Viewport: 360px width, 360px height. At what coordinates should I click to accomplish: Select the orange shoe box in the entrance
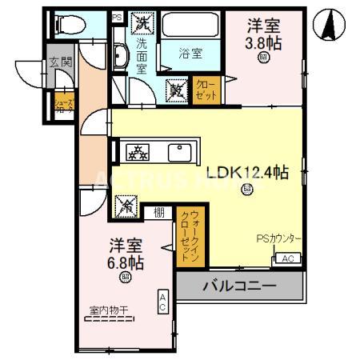click(x=63, y=106)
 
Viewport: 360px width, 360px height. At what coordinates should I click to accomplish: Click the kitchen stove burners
click(x=138, y=151)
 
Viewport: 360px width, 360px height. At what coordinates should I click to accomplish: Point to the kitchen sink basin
click(x=178, y=151)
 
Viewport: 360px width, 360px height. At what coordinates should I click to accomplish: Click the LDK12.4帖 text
click(x=247, y=172)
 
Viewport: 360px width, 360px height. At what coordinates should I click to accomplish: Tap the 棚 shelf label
click(x=159, y=212)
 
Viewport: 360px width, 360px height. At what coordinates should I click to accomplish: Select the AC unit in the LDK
click(x=288, y=258)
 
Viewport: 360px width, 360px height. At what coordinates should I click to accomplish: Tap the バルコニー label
click(x=239, y=286)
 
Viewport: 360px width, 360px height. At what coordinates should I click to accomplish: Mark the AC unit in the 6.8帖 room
click(x=162, y=302)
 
